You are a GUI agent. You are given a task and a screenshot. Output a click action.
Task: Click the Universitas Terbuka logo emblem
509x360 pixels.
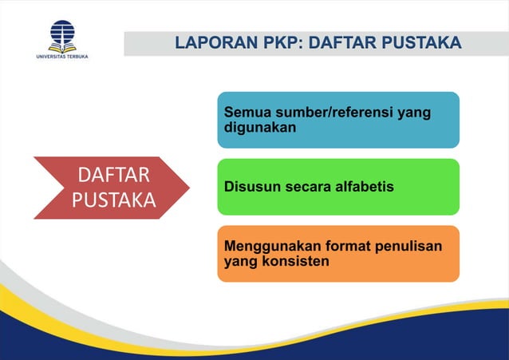point(62,35)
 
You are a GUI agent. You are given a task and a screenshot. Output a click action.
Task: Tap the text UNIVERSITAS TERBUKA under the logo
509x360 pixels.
point(62,57)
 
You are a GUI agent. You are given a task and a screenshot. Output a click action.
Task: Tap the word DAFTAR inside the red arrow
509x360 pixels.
point(113,175)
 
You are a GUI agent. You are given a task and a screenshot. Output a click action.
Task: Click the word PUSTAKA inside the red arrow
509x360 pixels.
point(113,200)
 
